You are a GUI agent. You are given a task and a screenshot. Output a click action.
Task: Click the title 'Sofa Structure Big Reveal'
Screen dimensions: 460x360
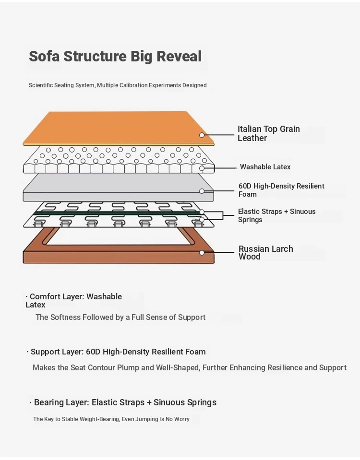[115, 56]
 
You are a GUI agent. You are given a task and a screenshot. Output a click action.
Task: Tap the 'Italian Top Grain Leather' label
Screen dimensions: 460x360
[268, 133]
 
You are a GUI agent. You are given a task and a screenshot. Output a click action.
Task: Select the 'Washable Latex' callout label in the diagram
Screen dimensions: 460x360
[265, 167]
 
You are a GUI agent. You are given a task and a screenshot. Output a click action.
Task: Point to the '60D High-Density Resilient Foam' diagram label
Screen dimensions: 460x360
[281, 190]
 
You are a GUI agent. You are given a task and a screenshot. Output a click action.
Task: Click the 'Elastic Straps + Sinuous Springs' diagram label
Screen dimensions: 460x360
[276, 215]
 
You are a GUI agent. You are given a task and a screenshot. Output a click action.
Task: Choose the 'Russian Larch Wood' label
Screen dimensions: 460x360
[265, 252]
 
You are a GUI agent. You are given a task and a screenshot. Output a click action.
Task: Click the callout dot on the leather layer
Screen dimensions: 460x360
[202, 135]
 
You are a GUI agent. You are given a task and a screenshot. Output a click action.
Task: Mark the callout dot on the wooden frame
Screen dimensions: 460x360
[202, 253]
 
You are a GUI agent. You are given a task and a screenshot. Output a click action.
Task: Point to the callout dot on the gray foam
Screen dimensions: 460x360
[202, 191]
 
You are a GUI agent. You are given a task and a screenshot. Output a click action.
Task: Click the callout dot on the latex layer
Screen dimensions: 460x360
[202, 168]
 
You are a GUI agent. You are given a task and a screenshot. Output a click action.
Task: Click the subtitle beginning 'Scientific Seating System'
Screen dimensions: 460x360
[118, 85]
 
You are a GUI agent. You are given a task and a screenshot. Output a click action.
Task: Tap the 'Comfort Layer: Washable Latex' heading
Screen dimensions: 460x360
[74, 300]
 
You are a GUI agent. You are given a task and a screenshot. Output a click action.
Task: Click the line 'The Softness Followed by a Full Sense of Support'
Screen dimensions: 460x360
[120, 317]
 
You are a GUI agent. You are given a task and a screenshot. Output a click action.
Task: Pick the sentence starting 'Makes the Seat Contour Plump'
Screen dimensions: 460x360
[189, 368]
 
